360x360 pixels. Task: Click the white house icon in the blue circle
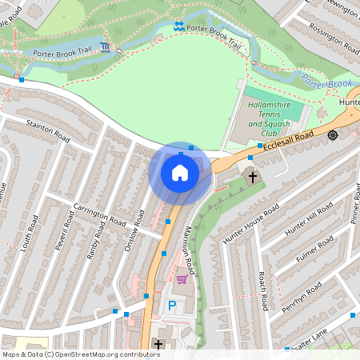[180, 173]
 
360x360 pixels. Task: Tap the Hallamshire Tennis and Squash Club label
[275, 114]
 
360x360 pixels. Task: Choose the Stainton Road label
[50, 127]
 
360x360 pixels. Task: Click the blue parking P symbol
[171, 305]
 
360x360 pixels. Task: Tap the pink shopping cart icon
[182, 279]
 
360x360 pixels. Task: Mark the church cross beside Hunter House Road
[253, 176]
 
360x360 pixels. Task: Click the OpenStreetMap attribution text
[81, 354]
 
